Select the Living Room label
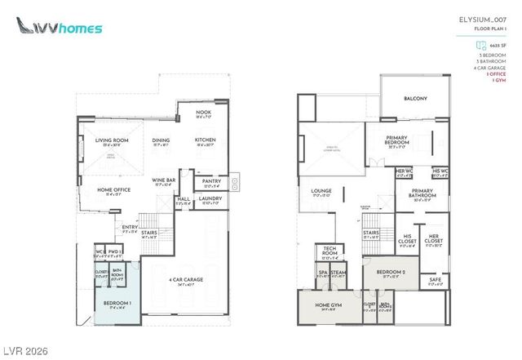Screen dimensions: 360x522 pos(113,140)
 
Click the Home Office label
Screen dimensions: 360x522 pos(110,191)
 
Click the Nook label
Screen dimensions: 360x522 pos(204,114)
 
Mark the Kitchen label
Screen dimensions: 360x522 pos(205,140)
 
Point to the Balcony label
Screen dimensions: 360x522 pos(415,99)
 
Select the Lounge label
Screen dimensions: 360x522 pos(321,192)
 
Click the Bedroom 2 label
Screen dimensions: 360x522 pos(390,273)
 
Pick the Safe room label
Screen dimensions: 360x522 pos(434,280)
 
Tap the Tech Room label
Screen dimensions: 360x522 pos(330,250)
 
